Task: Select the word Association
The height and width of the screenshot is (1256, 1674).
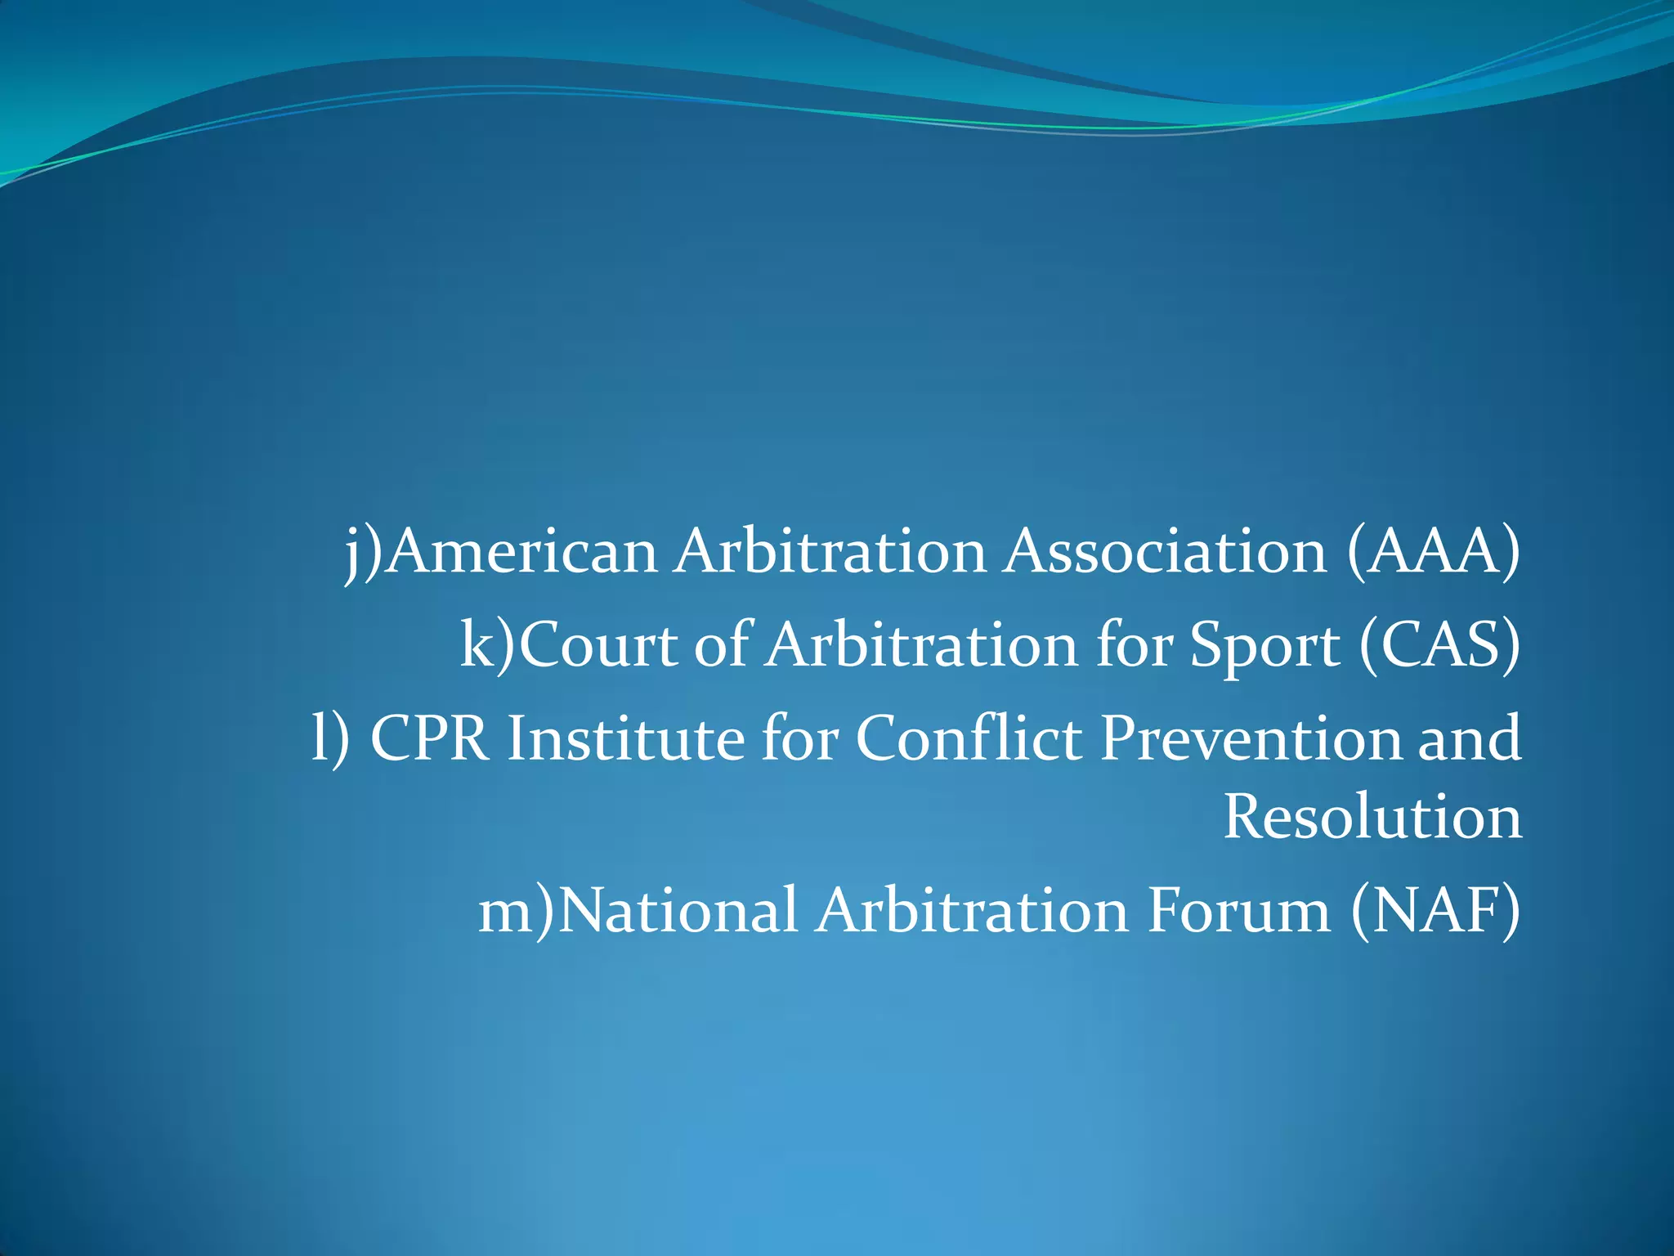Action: pyautogui.click(x=1166, y=552)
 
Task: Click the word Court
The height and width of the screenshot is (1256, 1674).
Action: pyautogui.click(x=599, y=645)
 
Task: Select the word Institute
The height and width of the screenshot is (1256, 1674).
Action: pyautogui.click(x=625, y=738)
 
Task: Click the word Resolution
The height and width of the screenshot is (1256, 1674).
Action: pyautogui.click(x=1372, y=817)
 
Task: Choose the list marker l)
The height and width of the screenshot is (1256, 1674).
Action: pyautogui.click(x=330, y=738)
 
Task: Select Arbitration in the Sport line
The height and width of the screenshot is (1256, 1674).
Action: pyautogui.click(x=922, y=645)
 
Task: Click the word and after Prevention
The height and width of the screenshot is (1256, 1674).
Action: pyautogui.click(x=1469, y=738)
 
